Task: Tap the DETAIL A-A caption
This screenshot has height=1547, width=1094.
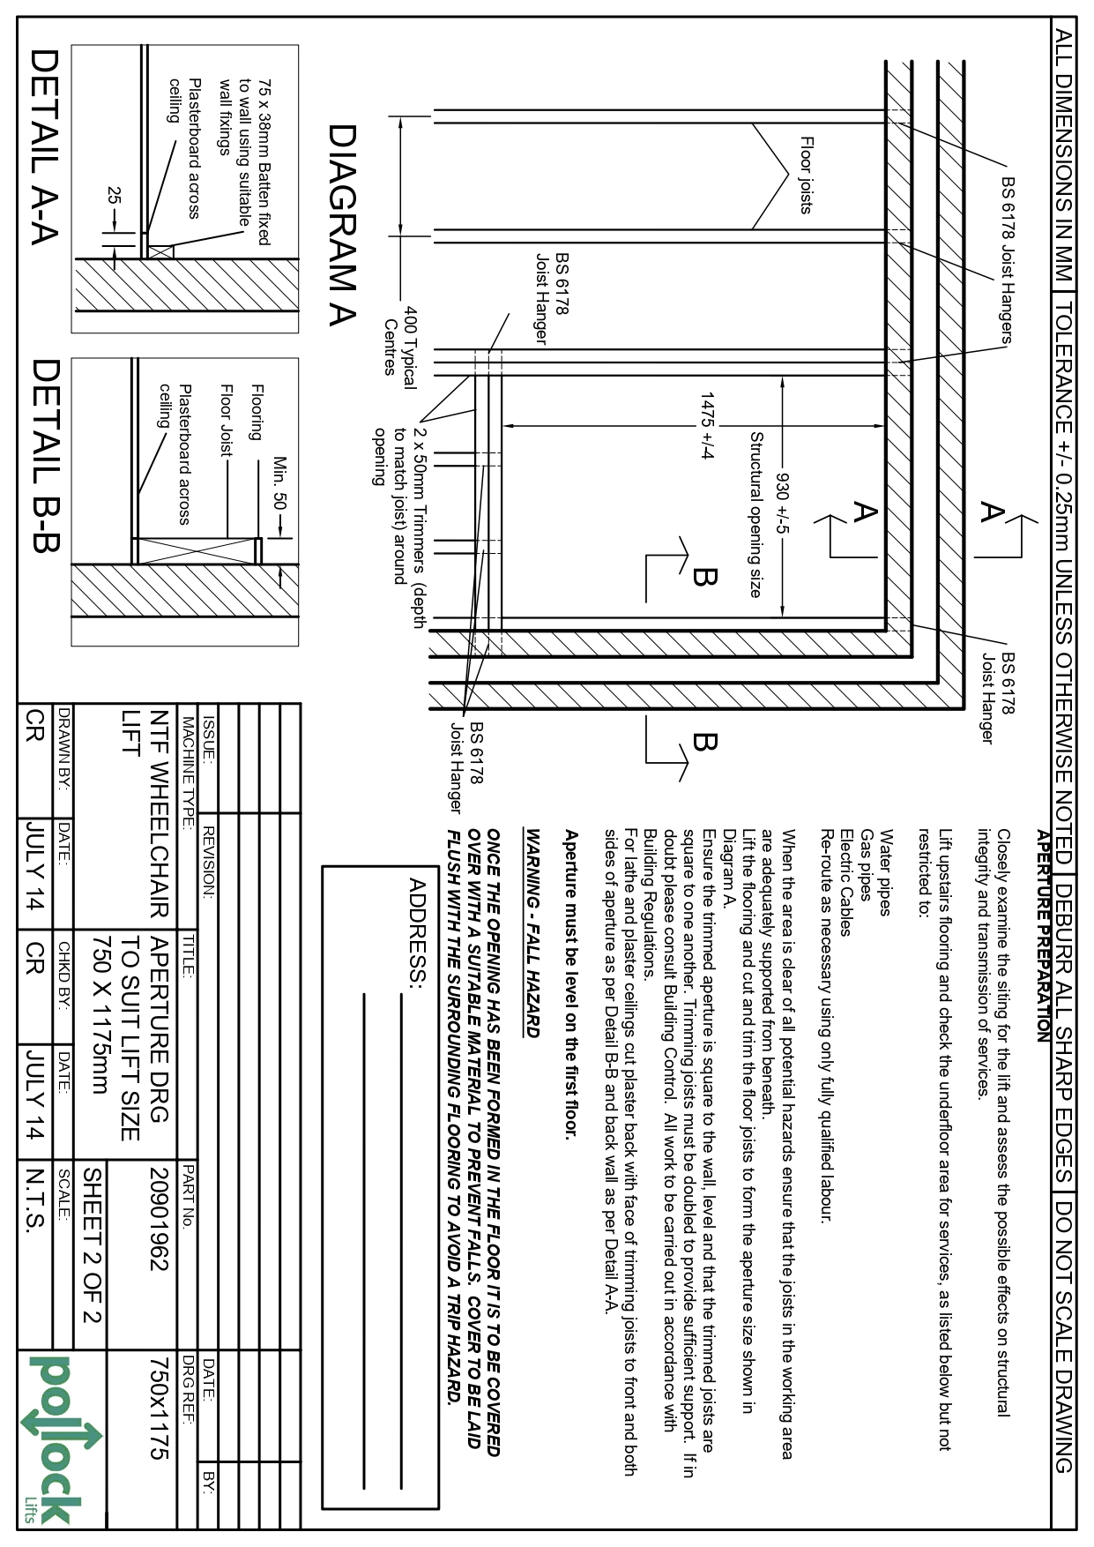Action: pos(44,146)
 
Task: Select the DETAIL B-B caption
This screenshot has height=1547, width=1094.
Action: pos(44,455)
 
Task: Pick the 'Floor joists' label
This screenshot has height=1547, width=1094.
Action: pos(806,175)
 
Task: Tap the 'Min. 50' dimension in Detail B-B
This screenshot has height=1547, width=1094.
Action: pos(280,483)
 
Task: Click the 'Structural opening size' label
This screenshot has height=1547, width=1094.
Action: pos(755,514)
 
